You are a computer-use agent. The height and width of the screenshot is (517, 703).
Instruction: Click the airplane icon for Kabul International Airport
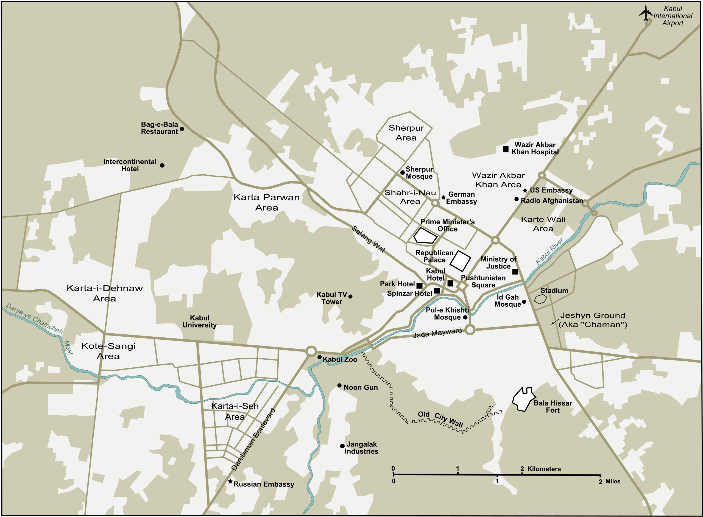646,13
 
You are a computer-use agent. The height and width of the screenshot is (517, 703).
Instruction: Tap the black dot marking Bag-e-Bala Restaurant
182,129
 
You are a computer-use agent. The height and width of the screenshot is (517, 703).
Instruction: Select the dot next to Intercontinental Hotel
162,165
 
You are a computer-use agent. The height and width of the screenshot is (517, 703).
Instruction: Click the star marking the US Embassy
525,191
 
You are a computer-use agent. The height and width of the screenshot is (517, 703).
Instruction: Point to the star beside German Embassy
443,197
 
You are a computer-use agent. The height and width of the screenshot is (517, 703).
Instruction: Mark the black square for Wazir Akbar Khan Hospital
506,149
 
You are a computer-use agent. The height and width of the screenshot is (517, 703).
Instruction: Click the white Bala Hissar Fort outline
523,400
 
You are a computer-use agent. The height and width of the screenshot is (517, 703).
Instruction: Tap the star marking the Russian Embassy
230,481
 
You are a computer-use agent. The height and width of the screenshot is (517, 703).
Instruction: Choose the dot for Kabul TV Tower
350,296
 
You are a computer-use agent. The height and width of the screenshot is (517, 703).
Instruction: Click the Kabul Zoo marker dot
320,357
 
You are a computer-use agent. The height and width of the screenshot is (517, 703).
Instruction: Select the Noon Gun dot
339,385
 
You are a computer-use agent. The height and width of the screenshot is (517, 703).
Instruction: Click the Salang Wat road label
369,239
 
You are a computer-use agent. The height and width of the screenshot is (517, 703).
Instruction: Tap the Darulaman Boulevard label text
253,439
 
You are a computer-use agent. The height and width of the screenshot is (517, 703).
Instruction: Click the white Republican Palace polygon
461,261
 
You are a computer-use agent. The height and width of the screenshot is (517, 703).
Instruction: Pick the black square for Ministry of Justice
515,272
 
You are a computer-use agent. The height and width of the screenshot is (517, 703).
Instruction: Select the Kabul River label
549,251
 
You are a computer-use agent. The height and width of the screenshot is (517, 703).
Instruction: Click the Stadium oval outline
540,299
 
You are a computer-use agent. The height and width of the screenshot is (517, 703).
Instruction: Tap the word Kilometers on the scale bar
544,469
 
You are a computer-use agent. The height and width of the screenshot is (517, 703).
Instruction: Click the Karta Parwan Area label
267,202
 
